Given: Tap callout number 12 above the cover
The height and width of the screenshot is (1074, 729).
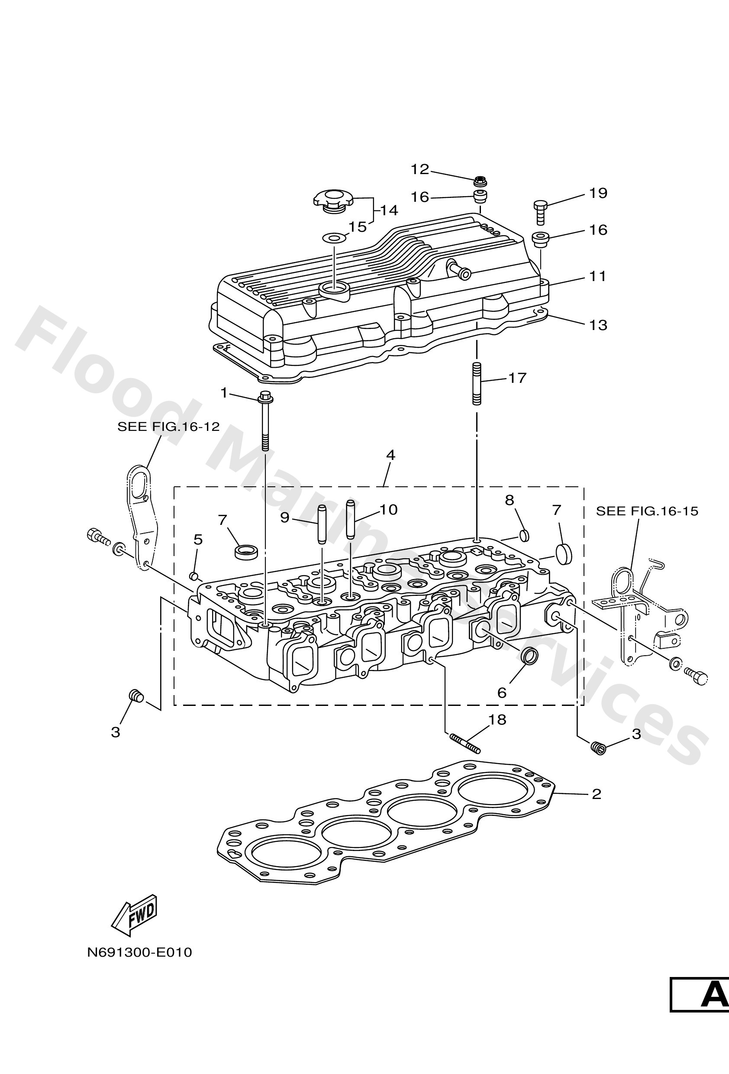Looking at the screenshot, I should pos(420,170).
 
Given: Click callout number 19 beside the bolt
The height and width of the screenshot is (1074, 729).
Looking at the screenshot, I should pos(598,193).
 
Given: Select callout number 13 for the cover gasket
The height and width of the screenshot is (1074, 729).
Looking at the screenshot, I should pos(598,325).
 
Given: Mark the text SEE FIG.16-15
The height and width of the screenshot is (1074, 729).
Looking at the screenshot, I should pos(647,511).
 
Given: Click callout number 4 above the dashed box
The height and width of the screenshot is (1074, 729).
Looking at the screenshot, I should pos(390,455).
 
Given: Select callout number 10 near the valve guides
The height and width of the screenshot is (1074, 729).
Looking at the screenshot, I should pos(388,510).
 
